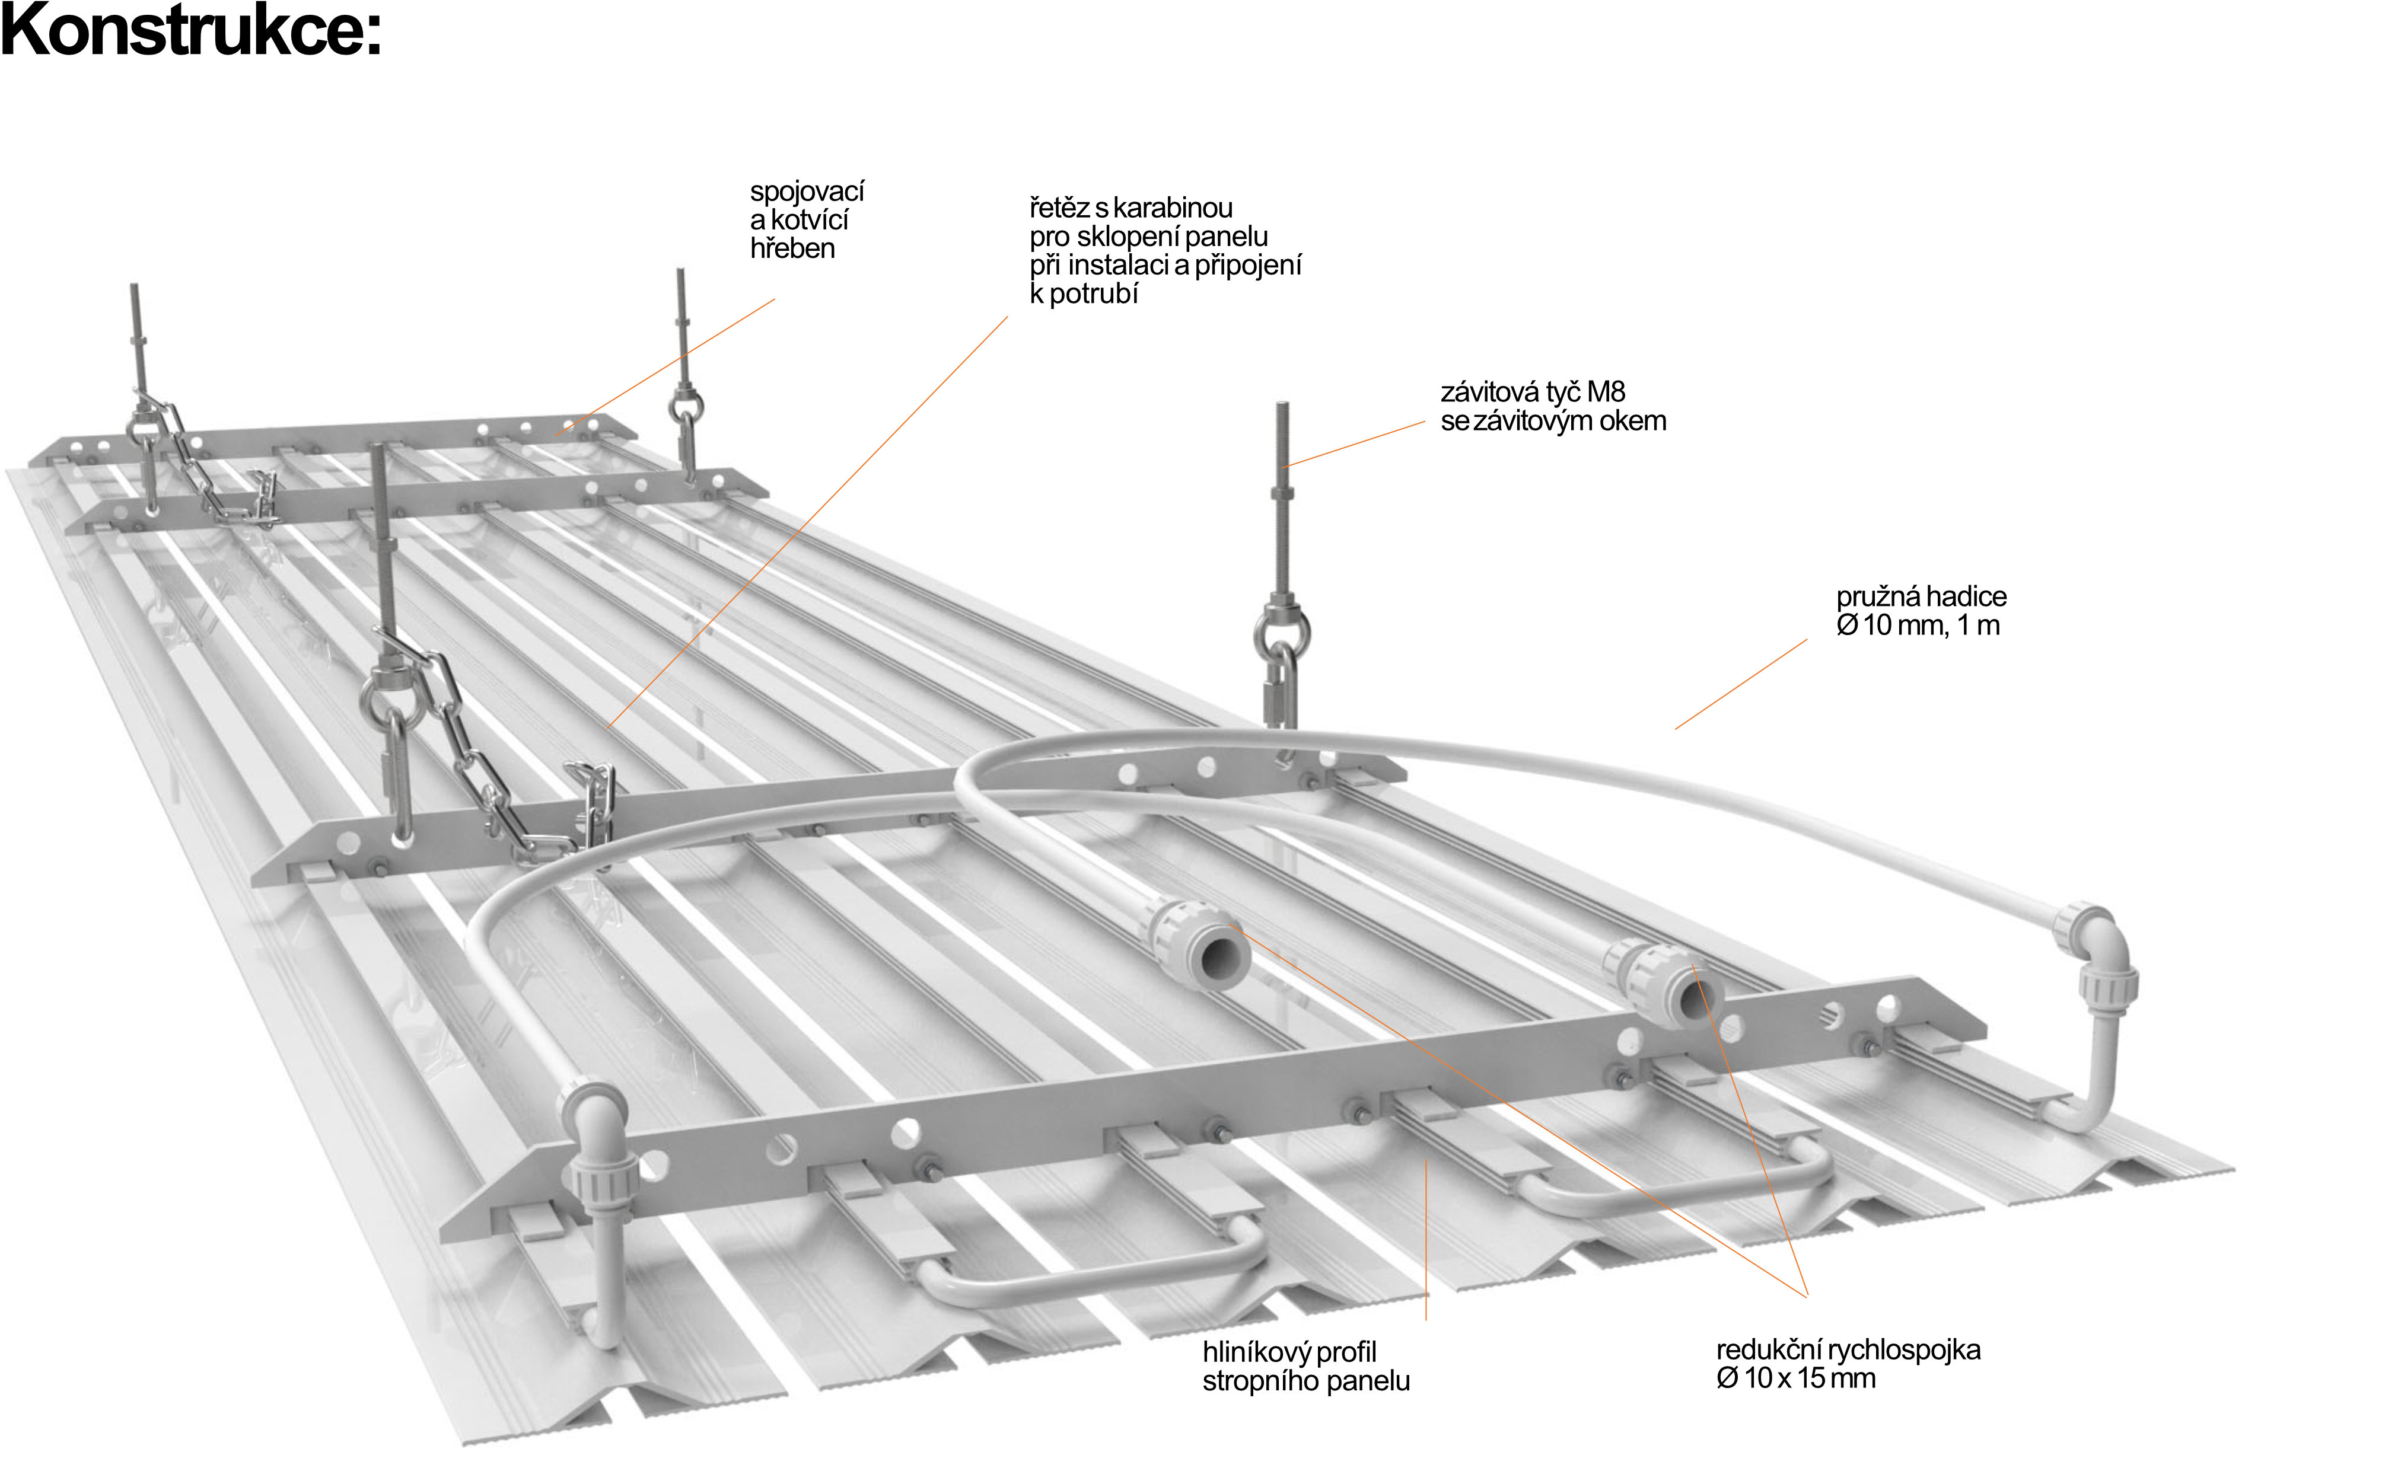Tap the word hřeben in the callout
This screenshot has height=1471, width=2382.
pyautogui.click(x=792, y=249)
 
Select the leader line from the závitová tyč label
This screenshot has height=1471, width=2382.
pyautogui.click(x=1352, y=446)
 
